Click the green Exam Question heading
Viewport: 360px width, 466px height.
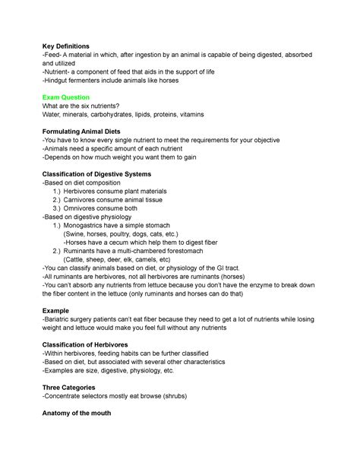68,97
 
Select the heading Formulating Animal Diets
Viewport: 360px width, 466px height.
88,132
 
